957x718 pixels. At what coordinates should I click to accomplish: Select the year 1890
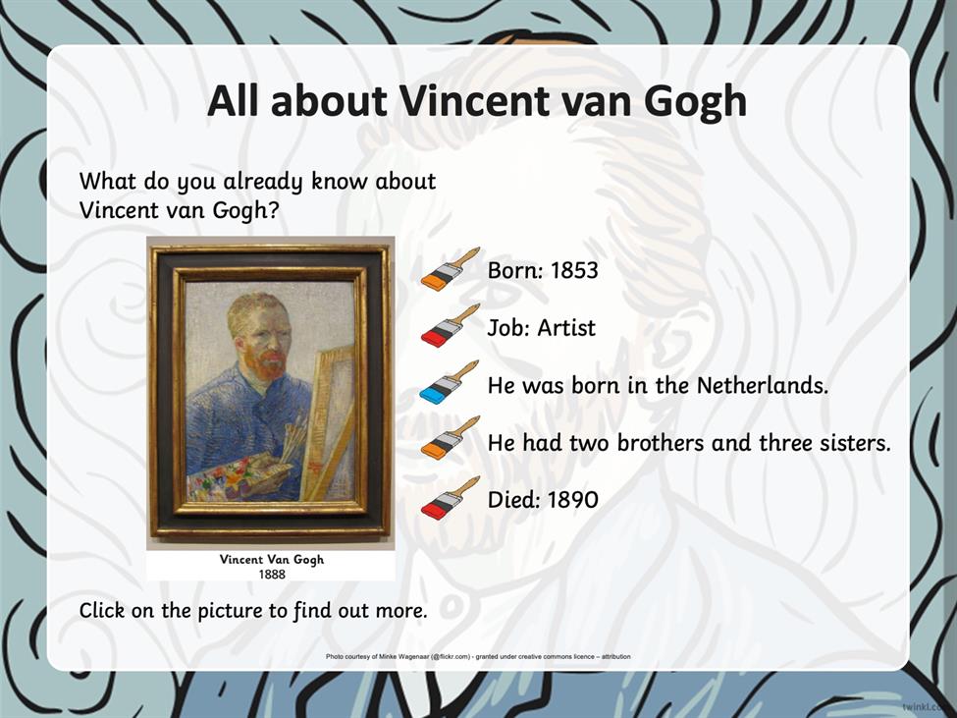coord(572,500)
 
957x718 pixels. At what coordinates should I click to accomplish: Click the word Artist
coord(565,328)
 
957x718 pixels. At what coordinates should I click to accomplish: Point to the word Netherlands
coord(763,385)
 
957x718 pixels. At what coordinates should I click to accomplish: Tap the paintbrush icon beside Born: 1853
coord(450,269)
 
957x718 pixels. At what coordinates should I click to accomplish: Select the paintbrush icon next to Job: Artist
coord(450,325)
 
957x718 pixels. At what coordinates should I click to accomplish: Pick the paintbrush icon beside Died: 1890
coord(450,498)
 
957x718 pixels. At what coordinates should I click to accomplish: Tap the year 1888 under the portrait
coord(272,575)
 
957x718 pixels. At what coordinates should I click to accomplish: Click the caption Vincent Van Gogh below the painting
coord(272,560)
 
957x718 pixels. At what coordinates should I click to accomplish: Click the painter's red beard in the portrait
coord(267,361)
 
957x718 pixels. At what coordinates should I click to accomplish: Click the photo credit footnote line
coord(478,657)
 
